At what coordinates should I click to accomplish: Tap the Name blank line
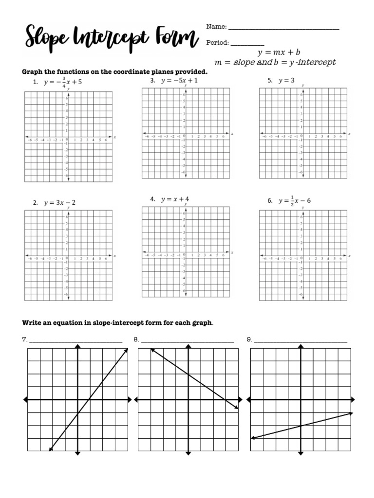[283, 28]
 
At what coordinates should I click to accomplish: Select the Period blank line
[247, 43]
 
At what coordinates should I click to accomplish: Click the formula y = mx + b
[279, 52]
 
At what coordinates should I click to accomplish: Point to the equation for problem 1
[63, 82]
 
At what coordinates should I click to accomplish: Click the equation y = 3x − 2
[60, 202]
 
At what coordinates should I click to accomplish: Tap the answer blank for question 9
[300, 340]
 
